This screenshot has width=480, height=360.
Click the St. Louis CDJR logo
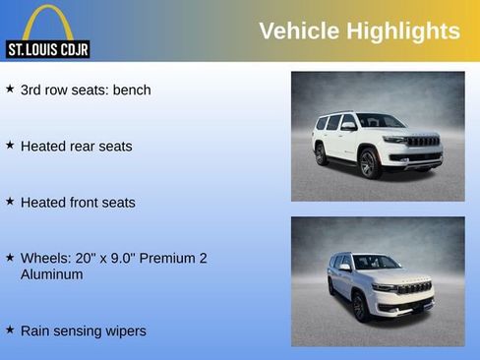pyautogui.click(x=47, y=30)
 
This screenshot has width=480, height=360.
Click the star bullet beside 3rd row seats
pyautogui.click(x=10, y=89)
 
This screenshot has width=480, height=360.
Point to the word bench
pyautogui.click(x=132, y=90)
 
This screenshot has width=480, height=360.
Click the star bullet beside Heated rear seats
pyautogui.click(x=10, y=145)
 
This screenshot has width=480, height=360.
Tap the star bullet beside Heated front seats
pyautogui.click(x=10, y=201)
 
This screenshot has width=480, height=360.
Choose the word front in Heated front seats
pyautogui.click(x=87, y=202)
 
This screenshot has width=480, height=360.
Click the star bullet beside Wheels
pyautogui.click(x=10, y=257)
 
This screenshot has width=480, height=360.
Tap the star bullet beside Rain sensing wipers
pyautogui.click(x=10, y=330)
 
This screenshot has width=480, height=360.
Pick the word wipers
pyautogui.click(x=124, y=330)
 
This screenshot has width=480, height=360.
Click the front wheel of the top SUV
pyautogui.click(x=369, y=163)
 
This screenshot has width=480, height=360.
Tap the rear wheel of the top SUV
pyautogui.click(x=321, y=153)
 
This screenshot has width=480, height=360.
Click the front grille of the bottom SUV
pyautogui.click(x=414, y=288)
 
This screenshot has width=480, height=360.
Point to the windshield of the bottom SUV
pyautogui.click(x=376, y=263)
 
